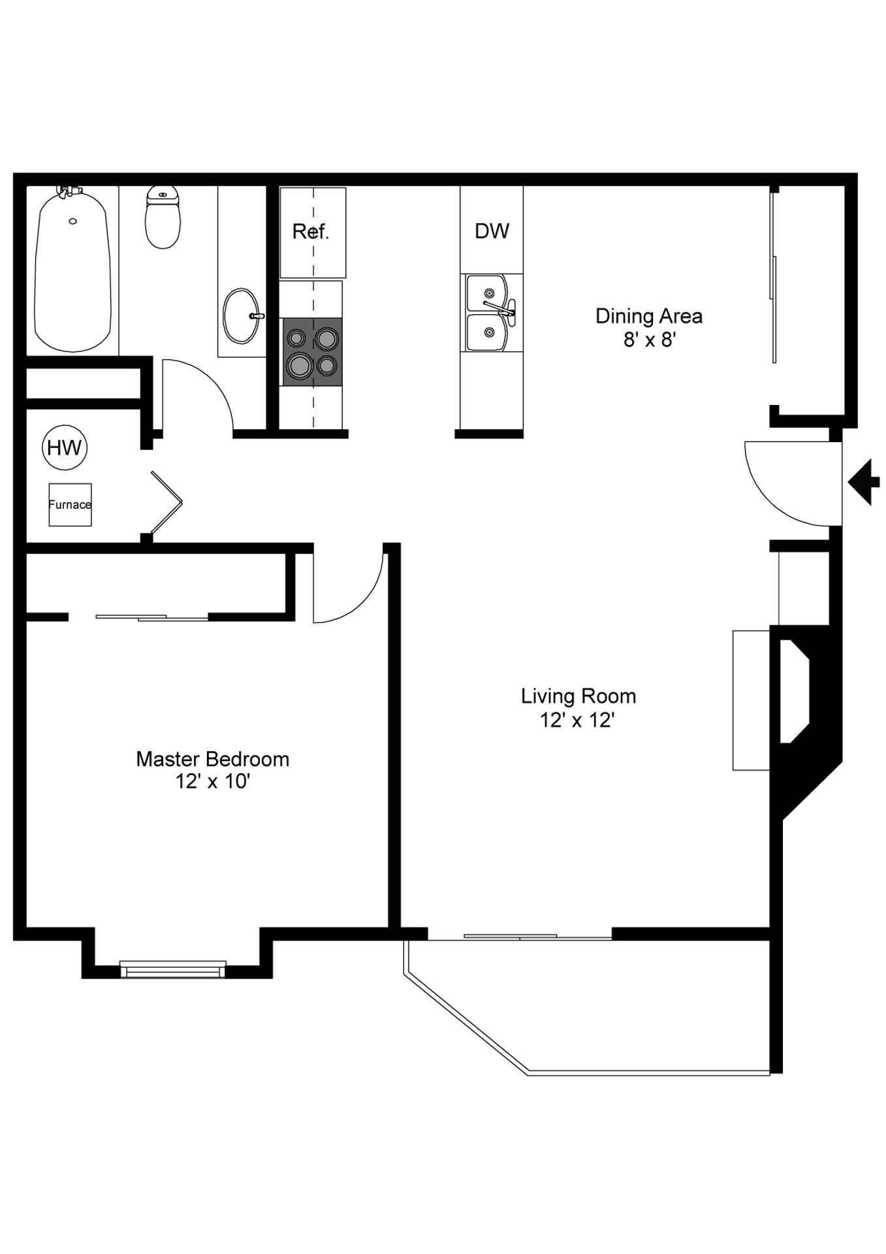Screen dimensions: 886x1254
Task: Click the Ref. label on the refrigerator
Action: pyautogui.click(x=310, y=231)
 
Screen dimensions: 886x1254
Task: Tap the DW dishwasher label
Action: pyautogui.click(x=492, y=231)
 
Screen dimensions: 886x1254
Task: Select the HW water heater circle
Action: pyautogui.click(x=65, y=447)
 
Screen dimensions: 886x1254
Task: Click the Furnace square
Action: pyautogui.click(x=70, y=504)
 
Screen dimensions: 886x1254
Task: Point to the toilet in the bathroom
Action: pyautogui.click(x=162, y=217)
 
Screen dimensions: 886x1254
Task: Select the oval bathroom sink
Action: pyautogui.click(x=242, y=316)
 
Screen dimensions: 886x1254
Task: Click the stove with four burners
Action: pyautogui.click(x=312, y=352)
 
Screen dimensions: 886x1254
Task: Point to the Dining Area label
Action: pyautogui.click(x=649, y=316)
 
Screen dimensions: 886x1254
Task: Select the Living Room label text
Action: pyautogui.click(x=578, y=696)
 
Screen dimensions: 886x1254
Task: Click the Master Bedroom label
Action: pyautogui.click(x=212, y=759)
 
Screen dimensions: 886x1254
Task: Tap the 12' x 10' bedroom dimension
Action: pyautogui.click(x=213, y=781)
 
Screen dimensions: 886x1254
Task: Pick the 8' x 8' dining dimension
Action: pyautogui.click(x=649, y=340)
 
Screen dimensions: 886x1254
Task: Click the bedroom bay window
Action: pyautogui.click(x=173, y=969)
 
